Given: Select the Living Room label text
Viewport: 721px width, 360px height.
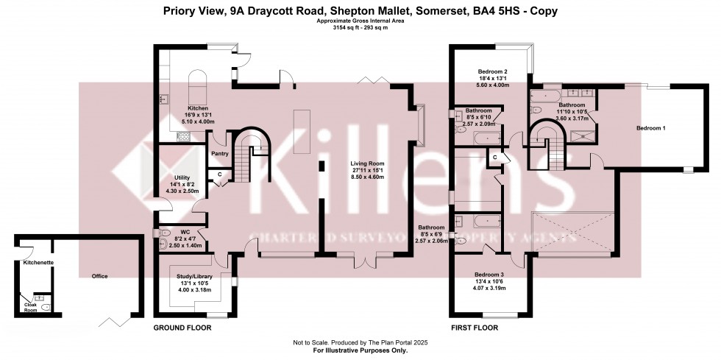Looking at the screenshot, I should pos(367,163).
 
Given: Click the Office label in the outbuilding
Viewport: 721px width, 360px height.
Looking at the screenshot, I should pos(99,276).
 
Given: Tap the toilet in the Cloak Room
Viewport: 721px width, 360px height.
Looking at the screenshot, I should pos(46,306).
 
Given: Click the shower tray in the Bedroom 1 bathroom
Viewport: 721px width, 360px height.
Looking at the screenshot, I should pos(585,135).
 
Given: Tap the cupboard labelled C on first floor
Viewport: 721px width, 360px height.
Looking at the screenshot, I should pos(495,158).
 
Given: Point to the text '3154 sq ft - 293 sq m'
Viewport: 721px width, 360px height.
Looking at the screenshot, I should pos(360,27).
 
